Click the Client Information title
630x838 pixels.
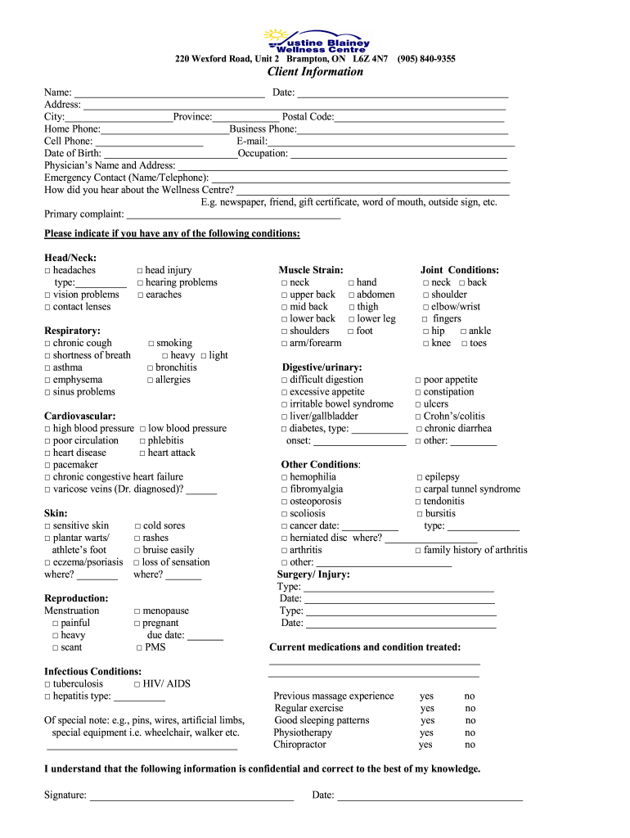tap(315, 72)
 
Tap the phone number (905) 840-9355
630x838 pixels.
tap(426, 59)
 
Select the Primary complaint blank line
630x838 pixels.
tap(233, 214)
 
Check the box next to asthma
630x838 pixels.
tap(47, 368)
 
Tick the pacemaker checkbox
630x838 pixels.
tap(47, 465)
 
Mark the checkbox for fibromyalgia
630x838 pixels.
tap(284, 489)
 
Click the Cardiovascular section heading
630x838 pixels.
tap(79, 417)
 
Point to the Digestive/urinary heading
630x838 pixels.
tap(322, 367)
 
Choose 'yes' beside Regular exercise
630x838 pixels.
tap(427, 709)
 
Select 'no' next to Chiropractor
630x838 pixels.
tap(470, 745)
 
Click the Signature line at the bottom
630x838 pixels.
tap(191, 795)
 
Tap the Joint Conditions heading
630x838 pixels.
tap(459, 270)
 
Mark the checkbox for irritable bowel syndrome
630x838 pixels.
tap(284, 404)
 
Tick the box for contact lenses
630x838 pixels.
tap(47, 307)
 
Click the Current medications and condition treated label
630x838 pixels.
tap(364, 647)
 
